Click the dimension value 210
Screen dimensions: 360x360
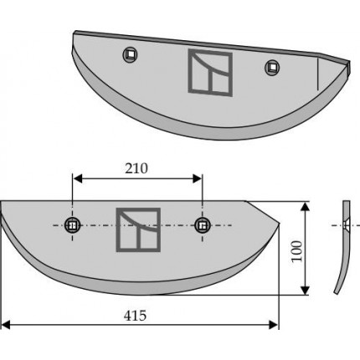[136, 169]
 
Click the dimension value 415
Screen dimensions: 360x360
[135, 316]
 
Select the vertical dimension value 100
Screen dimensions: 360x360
[297, 251]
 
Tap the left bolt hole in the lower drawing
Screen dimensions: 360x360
[73, 225]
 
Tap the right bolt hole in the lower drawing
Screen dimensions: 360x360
[203, 225]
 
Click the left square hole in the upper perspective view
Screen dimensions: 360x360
[130, 54]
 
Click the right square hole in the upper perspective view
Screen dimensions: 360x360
[272, 67]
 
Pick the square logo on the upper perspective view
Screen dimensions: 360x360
[210, 73]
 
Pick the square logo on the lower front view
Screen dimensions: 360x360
[138, 229]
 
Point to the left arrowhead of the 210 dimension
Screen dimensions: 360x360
[77, 178]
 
